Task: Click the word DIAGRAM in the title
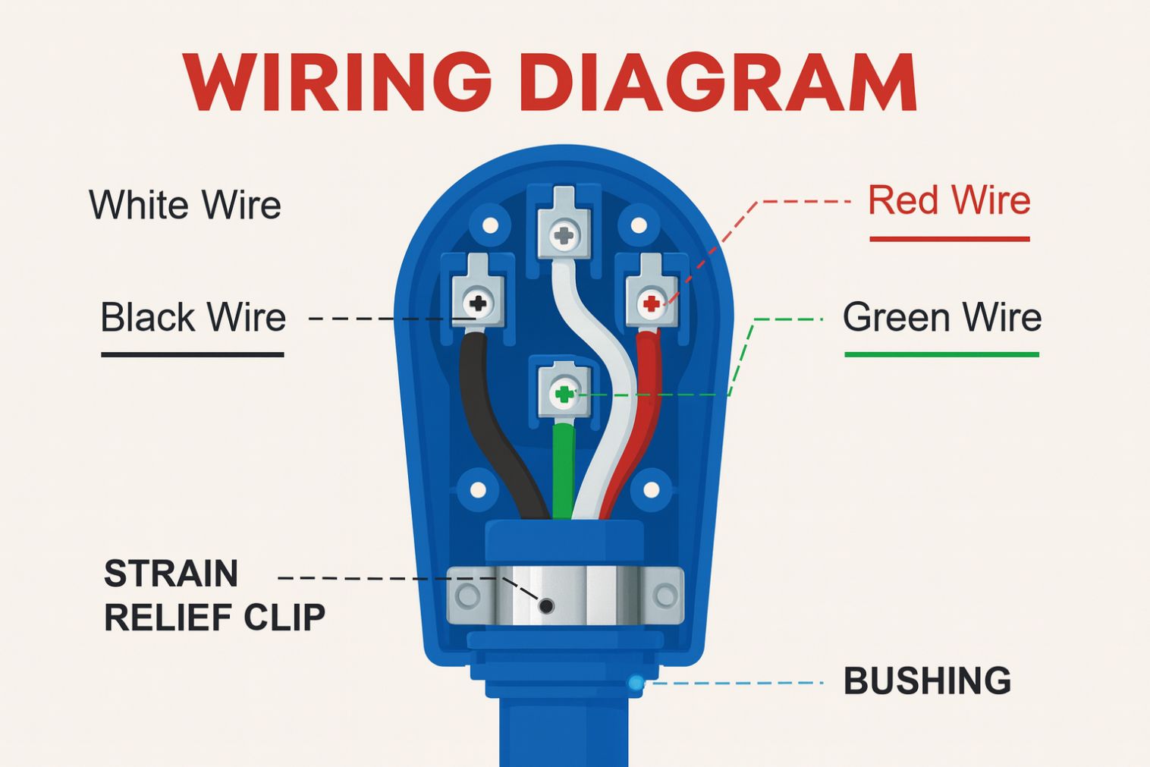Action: click(x=719, y=83)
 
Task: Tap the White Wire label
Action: click(x=185, y=205)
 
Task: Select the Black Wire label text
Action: click(x=193, y=317)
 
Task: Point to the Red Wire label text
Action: click(x=949, y=200)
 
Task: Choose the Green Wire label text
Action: click(x=941, y=317)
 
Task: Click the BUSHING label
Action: click(x=927, y=681)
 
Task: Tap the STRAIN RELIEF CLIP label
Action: click(x=213, y=596)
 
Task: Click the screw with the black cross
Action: click(x=478, y=304)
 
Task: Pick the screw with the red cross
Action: click(x=651, y=304)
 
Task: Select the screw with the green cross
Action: click(x=564, y=394)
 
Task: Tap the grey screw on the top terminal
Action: click(x=564, y=236)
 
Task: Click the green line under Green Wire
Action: click(x=941, y=354)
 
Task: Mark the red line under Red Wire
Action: click(x=949, y=239)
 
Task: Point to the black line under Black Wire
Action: click(x=193, y=354)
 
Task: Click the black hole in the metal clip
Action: click(x=546, y=605)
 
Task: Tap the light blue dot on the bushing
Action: click(x=636, y=683)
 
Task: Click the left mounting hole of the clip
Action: click(x=467, y=596)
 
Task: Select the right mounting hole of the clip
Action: click(x=665, y=596)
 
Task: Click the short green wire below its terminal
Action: click(x=564, y=470)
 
